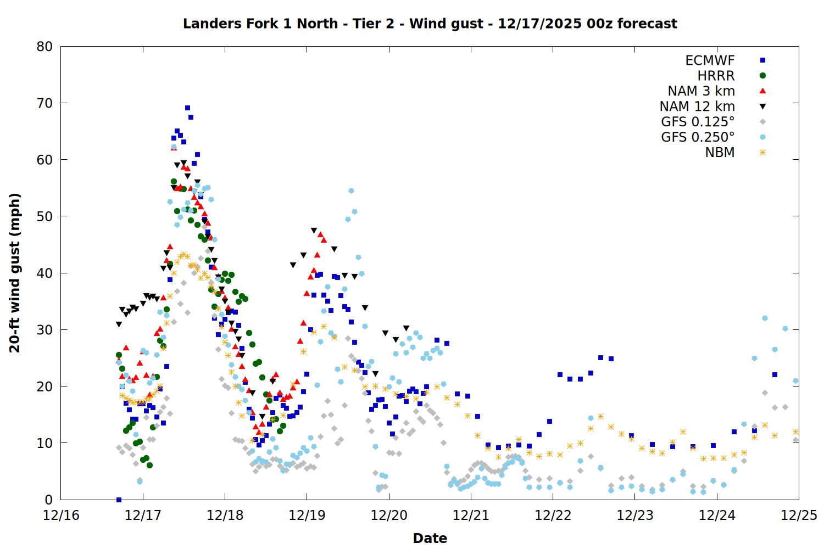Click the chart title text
(430, 24)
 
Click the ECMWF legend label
(710, 60)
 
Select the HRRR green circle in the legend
(762, 76)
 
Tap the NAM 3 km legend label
(701, 91)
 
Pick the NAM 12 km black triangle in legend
(762, 107)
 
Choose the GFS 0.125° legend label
(698, 122)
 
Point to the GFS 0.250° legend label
(698, 137)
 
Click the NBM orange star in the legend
(762, 153)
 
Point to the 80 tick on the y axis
(44, 47)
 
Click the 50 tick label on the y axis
(44, 216)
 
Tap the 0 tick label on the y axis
(49, 500)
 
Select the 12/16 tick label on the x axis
(61, 516)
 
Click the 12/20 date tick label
(389, 516)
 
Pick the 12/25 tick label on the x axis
(799, 516)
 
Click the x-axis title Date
(430, 538)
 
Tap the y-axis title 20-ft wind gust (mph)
(15, 273)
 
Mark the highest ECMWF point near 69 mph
(187, 108)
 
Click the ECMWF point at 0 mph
(119, 500)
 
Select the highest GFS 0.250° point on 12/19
(351, 191)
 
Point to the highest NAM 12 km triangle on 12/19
(314, 231)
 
